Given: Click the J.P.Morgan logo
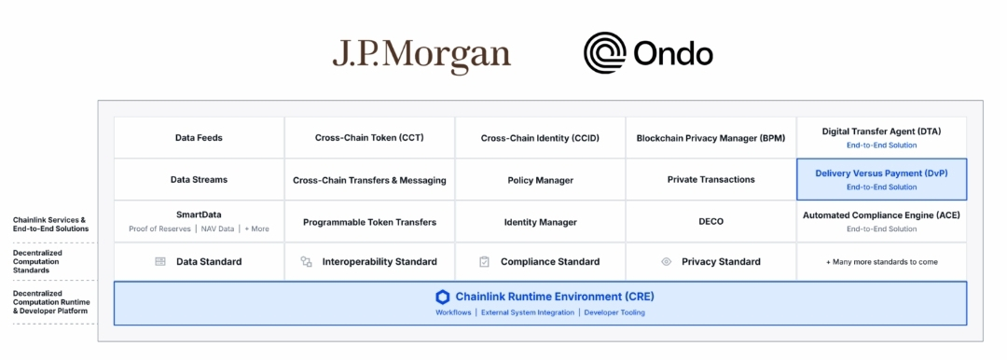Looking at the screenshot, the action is pyautogui.click(x=421, y=56).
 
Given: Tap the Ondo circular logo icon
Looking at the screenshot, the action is pyautogui.click(x=604, y=53).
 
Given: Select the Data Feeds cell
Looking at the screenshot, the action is pyautogui.click(x=200, y=138).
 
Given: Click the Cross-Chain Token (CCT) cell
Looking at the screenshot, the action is pyautogui.click(x=369, y=138).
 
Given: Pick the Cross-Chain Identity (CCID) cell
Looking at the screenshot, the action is pyautogui.click(x=540, y=138).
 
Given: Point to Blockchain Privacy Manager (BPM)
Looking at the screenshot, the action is pyautogui.click(x=710, y=138).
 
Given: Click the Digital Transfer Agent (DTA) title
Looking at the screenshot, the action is pyautogui.click(x=881, y=132).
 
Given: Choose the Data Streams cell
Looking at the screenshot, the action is pyautogui.click(x=200, y=179).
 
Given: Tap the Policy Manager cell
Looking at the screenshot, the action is pyautogui.click(x=540, y=180).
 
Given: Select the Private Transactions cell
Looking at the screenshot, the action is pyautogui.click(x=710, y=179).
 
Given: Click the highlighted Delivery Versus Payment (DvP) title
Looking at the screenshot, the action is pyautogui.click(x=881, y=173).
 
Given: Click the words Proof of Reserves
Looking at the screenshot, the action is pyautogui.click(x=160, y=228).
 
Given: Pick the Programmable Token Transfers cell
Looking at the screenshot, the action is pyautogui.click(x=369, y=222).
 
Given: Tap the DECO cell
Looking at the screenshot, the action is pyautogui.click(x=710, y=222).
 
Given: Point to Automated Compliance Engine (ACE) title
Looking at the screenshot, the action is pyautogui.click(x=881, y=215).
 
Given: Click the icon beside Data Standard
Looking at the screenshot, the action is pyautogui.click(x=160, y=262).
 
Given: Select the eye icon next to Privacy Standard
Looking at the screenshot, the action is pyautogui.click(x=666, y=262).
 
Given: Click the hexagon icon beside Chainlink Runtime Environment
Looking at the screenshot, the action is pyautogui.click(x=443, y=297).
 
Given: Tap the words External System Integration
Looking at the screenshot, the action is pyautogui.click(x=527, y=312).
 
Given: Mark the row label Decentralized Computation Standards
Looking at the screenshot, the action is pyautogui.click(x=38, y=262).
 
